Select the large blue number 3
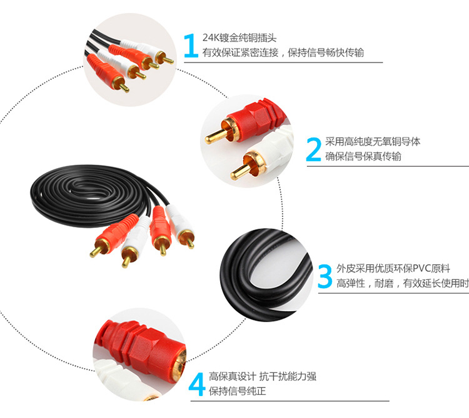pos(325,276)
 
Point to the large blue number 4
pos(197,384)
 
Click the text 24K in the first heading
pos(211,37)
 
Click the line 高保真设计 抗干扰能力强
pos(263,376)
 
